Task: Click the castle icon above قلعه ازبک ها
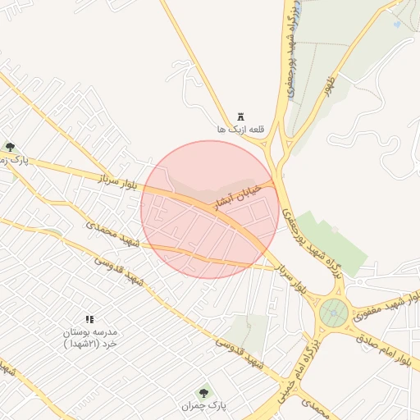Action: coord(241,116)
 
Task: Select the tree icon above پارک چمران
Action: coord(203,393)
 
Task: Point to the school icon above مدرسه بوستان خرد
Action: coord(89,318)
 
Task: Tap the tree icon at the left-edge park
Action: coord(10,147)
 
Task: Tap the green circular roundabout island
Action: coord(334,312)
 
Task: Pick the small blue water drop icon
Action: coord(399,24)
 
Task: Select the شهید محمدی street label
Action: coord(114,234)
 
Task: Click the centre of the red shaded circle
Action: coord(209,209)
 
